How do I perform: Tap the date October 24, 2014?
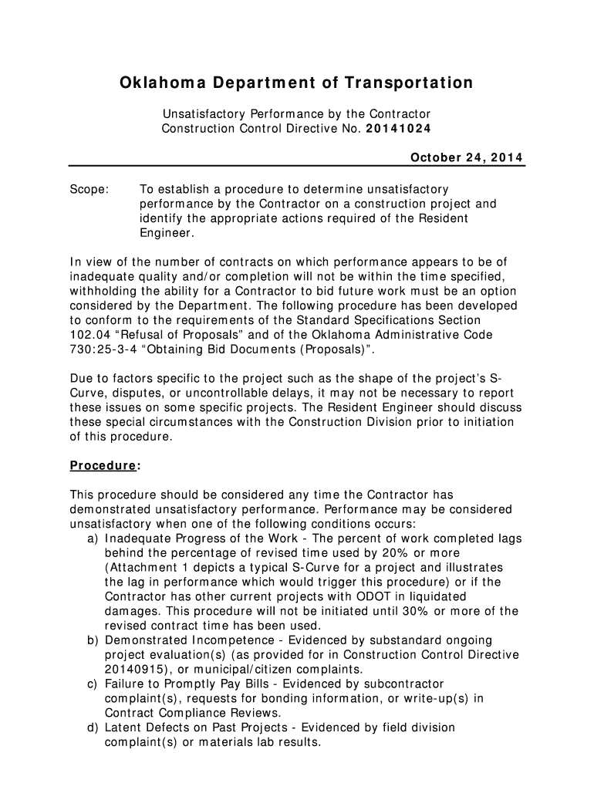point(466,158)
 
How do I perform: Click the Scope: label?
point(89,189)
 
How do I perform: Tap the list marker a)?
point(93,538)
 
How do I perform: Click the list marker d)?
point(93,728)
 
